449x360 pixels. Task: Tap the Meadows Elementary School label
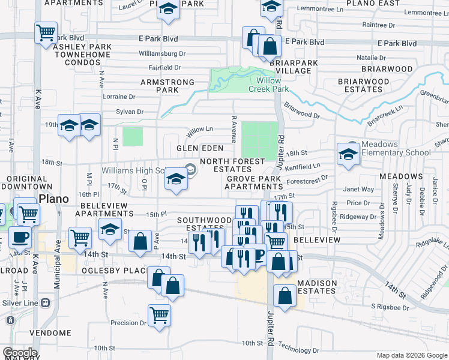396,148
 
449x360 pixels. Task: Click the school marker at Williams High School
175,179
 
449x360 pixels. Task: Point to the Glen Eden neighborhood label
200,148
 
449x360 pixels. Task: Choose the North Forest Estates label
232,166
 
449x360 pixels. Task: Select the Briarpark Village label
291,67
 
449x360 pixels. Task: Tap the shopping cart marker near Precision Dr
159,314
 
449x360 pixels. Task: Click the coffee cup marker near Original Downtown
19,237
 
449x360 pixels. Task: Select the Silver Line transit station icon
45,303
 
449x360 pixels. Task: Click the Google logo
20,353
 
